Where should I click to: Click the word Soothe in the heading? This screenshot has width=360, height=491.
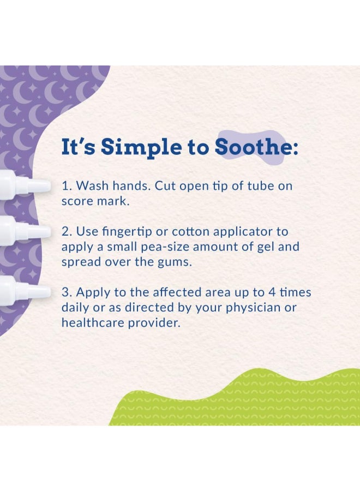coord(254,147)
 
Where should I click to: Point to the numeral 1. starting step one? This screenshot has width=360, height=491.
coord(67,185)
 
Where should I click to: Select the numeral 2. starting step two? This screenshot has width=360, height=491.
coord(67,231)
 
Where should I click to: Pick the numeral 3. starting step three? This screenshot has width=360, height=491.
coord(67,292)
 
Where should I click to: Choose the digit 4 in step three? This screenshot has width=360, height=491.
coord(272,292)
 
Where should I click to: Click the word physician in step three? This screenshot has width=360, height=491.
coord(254,308)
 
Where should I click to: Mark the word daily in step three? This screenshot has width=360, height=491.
coord(75,308)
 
